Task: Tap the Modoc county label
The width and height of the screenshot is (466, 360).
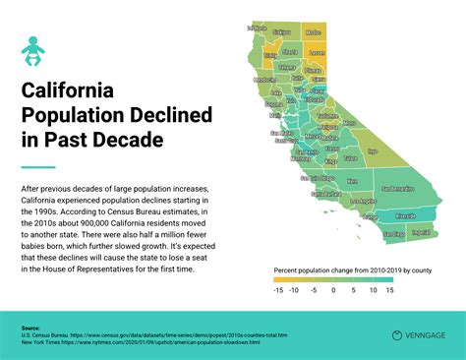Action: click(x=313, y=32)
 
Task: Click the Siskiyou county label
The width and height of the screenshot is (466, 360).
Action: click(x=282, y=32)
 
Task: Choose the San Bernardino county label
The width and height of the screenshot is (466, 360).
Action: click(x=399, y=188)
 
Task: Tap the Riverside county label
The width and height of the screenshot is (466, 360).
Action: click(x=405, y=215)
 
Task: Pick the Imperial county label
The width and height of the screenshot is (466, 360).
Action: click(x=420, y=233)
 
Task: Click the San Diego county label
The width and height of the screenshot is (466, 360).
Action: click(x=392, y=236)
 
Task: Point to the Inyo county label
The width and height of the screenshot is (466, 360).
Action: click(x=373, y=151)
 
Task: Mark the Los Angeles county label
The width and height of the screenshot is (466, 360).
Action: click(x=363, y=202)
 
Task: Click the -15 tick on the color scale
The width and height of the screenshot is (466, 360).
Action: click(x=278, y=290)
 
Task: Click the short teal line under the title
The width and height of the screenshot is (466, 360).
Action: click(x=37, y=167)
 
